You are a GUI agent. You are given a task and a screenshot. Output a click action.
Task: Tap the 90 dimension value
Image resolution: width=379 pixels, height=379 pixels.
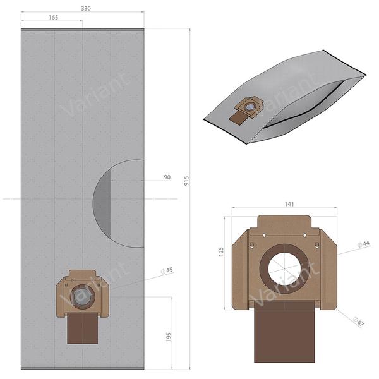tap(167, 177)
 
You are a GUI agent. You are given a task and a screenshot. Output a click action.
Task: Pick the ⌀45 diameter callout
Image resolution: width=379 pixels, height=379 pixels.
tap(168, 271)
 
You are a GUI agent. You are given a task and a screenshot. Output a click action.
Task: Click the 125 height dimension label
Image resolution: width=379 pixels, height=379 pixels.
tap(222, 251)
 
